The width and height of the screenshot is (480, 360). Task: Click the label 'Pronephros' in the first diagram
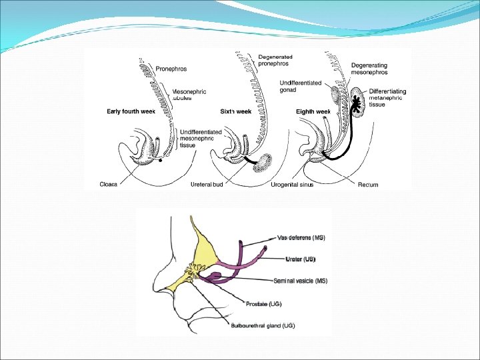pyautogui.click(x=171, y=68)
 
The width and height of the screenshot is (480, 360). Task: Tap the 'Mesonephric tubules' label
pyautogui.click(x=189, y=94)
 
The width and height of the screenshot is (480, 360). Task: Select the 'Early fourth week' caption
pyautogui.click(x=131, y=111)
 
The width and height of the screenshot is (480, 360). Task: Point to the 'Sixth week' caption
pyautogui.click(x=235, y=111)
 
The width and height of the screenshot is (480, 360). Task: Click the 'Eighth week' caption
pyautogui.click(x=313, y=111)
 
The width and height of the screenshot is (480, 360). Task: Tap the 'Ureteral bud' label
pyautogui.click(x=206, y=184)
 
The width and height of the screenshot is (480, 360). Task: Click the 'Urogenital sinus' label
pyautogui.click(x=292, y=184)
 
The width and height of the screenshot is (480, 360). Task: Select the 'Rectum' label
pyautogui.click(x=368, y=184)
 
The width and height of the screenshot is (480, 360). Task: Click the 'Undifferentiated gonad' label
pyautogui.click(x=300, y=87)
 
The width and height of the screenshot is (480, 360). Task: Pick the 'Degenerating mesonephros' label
pyautogui.click(x=369, y=69)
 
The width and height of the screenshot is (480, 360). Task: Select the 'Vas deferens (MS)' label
pyautogui.click(x=301, y=238)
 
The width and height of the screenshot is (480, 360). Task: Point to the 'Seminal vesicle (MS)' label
pyautogui.click(x=304, y=281)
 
